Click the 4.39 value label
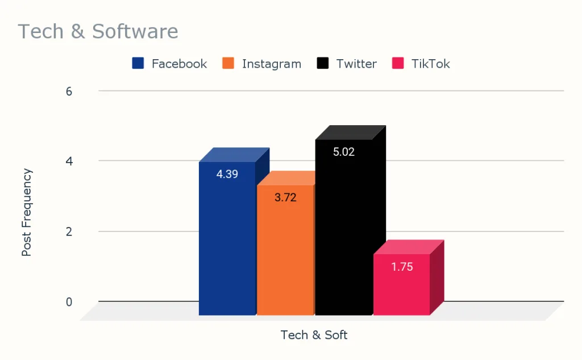point(227,174)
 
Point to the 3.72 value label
point(285,198)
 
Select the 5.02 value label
point(343,152)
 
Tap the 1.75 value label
point(402,266)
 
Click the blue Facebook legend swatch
point(138,63)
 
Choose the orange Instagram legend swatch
point(229,63)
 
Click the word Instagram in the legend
point(271,64)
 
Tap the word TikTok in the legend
point(430,64)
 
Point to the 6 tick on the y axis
point(69,91)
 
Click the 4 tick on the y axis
point(69,161)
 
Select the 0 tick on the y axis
point(69,301)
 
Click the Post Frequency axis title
point(27,212)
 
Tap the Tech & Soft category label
point(314,335)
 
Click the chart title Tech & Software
point(98,31)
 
